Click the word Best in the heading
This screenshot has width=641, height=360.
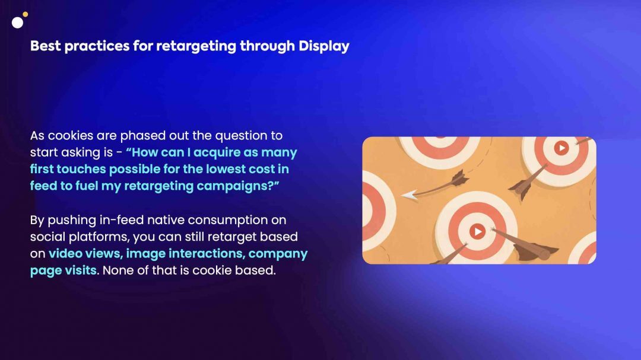point(45,46)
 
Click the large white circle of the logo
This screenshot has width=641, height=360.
point(18,23)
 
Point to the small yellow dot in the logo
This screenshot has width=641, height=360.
point(26,14)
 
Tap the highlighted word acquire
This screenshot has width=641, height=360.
point(217,153)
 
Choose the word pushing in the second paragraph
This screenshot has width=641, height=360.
point(72,220)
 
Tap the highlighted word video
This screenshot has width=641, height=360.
point(65,253)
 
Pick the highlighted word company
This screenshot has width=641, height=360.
point(278,254)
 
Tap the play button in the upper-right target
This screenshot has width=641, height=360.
point(561,148)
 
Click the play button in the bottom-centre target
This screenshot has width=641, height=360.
point(477,232)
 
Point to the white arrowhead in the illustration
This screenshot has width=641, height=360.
point(409,195)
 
